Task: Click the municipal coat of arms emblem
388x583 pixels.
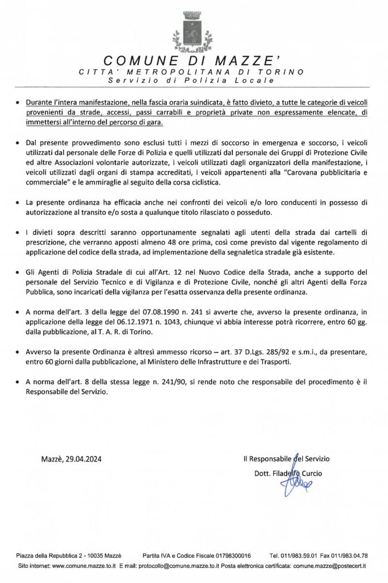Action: (193, 32)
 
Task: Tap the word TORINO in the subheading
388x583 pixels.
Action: (285, 72)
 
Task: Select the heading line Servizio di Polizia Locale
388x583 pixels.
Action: (192, 80)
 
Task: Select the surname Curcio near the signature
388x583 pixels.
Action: (310, 473)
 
